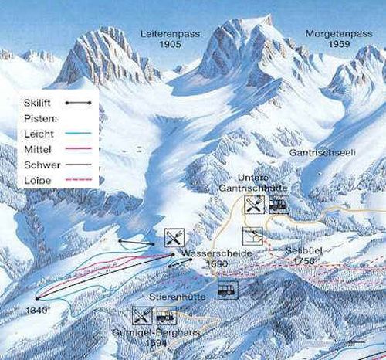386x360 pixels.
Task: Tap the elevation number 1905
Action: [171, 45]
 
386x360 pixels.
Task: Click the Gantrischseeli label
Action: [321, 154]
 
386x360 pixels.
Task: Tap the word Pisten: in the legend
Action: [39, 118]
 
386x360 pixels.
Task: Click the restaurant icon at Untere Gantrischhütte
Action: [254, 204]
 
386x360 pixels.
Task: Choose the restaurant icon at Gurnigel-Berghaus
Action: [141, 315]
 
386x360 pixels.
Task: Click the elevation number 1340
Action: [36, 310]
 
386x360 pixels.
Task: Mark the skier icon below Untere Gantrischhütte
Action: [253, 236]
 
